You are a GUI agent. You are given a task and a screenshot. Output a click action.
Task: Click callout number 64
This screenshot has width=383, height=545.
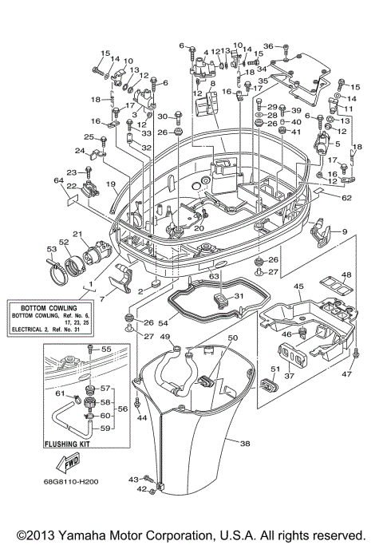click(58, 181)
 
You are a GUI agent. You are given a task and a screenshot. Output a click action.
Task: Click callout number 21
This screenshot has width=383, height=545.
click(78, 234)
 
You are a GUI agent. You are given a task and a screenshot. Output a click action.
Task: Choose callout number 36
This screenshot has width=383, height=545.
click(268, 46)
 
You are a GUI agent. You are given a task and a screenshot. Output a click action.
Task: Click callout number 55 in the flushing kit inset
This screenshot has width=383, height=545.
click(106, 350)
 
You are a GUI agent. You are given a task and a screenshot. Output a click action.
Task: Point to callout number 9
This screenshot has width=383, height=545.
click(345, 231)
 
